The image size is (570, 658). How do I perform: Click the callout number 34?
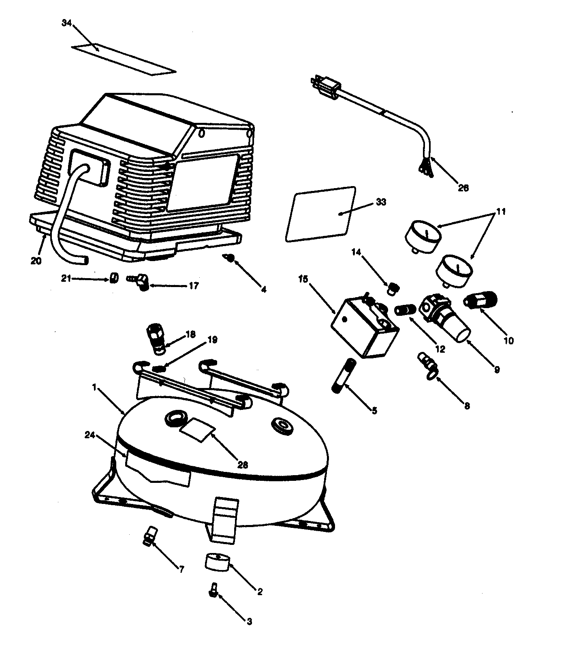(x=66, y=23)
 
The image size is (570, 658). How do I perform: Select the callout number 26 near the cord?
(x=463, y=188)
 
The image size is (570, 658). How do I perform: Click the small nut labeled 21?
(x=114, y=278)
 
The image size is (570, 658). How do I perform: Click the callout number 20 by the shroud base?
(x=36, y=261)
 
